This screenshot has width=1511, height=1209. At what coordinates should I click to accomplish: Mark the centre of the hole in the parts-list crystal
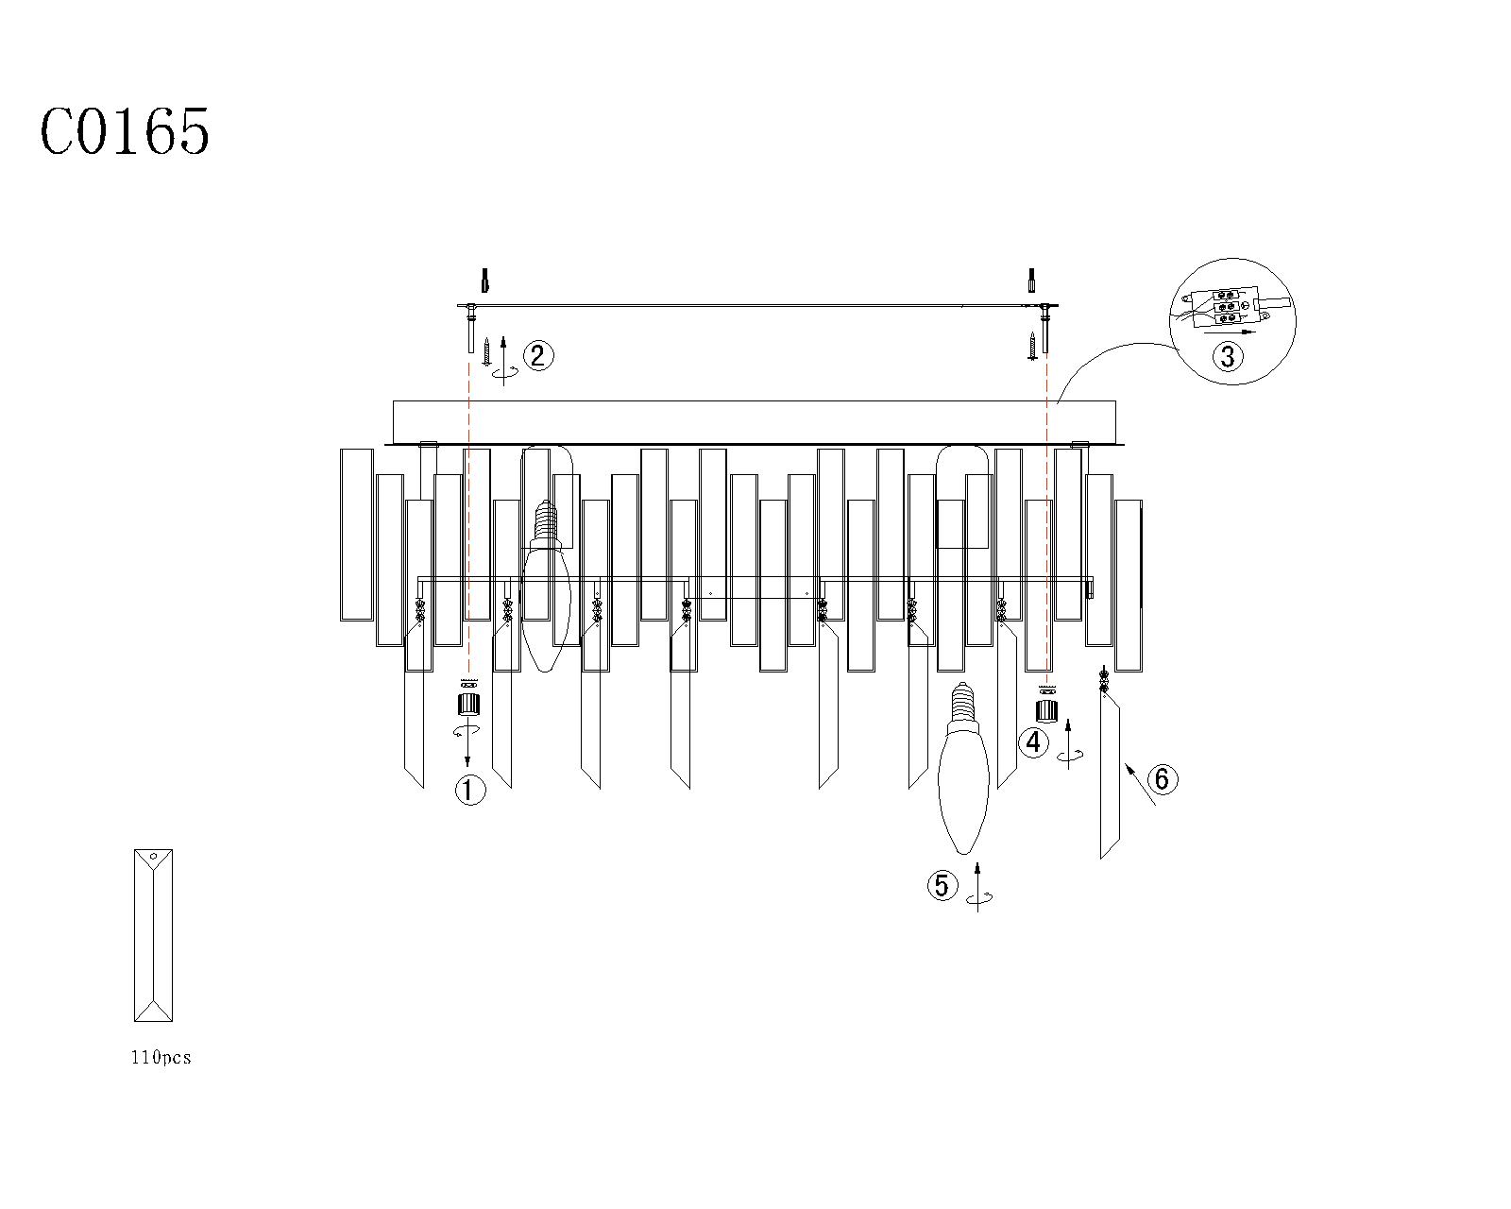click(154, 857)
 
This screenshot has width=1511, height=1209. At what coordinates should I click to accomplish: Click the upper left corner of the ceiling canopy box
click(393, 401)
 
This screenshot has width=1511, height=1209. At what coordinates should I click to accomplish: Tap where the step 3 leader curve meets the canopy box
click(1058, 402)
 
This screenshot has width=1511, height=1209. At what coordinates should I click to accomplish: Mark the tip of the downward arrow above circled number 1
click(467, 767)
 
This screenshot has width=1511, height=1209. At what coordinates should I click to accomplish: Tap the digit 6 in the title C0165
click(160, 131)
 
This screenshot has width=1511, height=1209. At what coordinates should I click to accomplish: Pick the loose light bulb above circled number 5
click(963, 768)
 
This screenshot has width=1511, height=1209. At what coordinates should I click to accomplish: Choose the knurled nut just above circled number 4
click(1047, 711)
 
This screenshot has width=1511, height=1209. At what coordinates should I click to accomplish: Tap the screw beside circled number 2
click(485, 350)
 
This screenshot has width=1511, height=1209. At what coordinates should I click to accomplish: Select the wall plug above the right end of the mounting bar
click(1032, 281)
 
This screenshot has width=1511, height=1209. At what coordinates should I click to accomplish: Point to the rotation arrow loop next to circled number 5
click(980, 897)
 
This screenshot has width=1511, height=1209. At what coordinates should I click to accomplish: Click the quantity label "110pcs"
click(161, 1058)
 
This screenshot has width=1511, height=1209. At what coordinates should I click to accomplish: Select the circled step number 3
click(1228, 356)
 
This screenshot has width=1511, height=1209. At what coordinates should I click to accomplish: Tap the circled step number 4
click(1033, 742)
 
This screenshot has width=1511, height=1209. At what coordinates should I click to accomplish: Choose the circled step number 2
click(538, 356)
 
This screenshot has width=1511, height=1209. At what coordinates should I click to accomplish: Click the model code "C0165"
click(125, 131)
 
